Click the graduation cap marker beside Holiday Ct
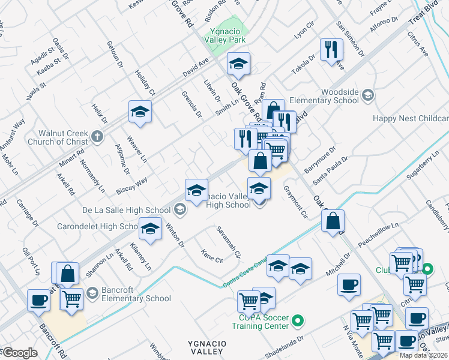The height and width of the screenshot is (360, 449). point(140,112)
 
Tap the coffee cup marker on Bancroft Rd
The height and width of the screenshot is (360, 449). point(39,300)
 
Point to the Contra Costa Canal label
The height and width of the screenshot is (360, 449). point(245,272)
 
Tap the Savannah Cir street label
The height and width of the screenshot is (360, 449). point(229,242)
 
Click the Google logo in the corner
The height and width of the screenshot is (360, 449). point(19,353)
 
